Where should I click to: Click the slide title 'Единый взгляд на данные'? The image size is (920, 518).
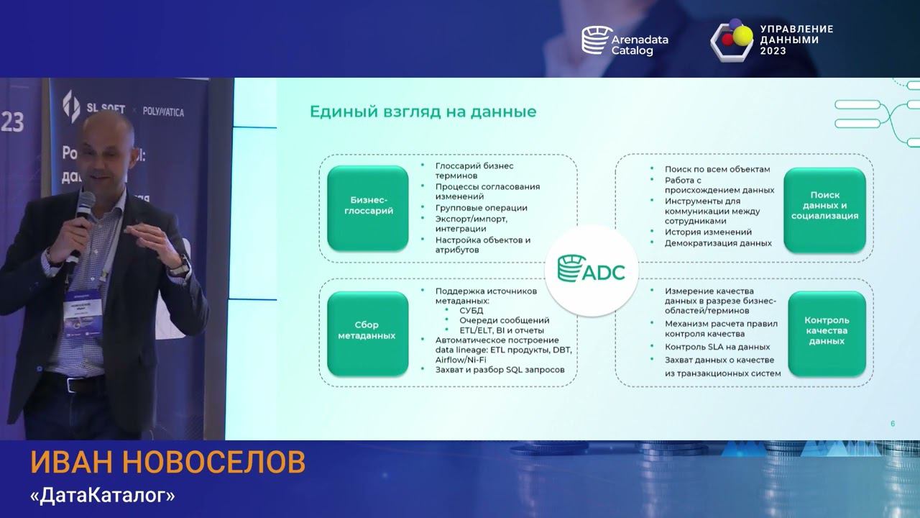tap(423, 112)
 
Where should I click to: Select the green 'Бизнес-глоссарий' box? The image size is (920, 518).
tap(368, 206)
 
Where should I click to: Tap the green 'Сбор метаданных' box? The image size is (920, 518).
tap(368, 330)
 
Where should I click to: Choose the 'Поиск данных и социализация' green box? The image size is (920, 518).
tap(824, 205)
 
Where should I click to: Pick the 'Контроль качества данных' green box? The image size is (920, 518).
tap(827, 331)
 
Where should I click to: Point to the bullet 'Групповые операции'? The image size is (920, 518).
tap(481, 208)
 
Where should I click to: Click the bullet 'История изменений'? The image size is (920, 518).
tap(708, 232)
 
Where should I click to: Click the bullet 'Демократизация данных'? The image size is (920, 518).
tap(718, 243)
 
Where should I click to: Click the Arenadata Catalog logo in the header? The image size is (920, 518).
tap(625, 40)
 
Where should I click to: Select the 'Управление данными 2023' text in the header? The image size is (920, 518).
tap(796, 40)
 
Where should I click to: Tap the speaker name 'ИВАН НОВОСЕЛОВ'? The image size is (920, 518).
tap(167, 463)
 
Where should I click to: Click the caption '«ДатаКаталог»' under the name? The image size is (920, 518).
tap(103, 496)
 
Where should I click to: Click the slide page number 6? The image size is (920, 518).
tap(893, 424)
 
